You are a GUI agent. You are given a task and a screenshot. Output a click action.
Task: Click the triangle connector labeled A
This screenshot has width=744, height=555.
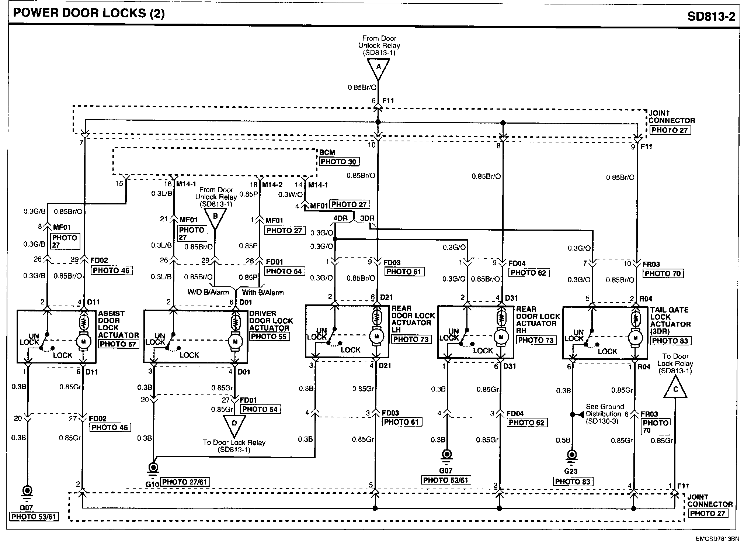pyautogui.click(x=378, y=69)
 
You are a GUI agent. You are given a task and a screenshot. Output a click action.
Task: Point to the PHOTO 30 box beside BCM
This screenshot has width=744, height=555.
pyautogui.click(x=339, y=162)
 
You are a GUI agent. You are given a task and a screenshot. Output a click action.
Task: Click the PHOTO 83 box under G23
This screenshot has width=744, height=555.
pyautogui.click(x=572, y=482)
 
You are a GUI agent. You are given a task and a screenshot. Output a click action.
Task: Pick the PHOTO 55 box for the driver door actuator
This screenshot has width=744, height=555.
pyautogui.click(x=268, y=336)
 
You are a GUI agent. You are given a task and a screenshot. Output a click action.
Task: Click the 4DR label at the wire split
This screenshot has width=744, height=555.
pyautogui.click(x=340, y=218)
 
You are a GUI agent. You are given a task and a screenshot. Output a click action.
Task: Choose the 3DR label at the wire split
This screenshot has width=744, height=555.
pyautogui.click(x=367, y=218)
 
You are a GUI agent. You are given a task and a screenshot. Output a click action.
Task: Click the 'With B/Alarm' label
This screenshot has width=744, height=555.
pyautogui.click(x=263, y=293)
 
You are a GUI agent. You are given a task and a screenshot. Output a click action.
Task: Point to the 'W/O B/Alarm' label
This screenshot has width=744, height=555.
pyautogui.click(x=208, y=293)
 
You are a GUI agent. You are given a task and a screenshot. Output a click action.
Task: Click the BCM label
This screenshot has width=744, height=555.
pyautogui.click(x=327, y=153)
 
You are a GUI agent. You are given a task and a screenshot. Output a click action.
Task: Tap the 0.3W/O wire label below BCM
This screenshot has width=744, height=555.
pyautogui.click(x=291, y=194)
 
